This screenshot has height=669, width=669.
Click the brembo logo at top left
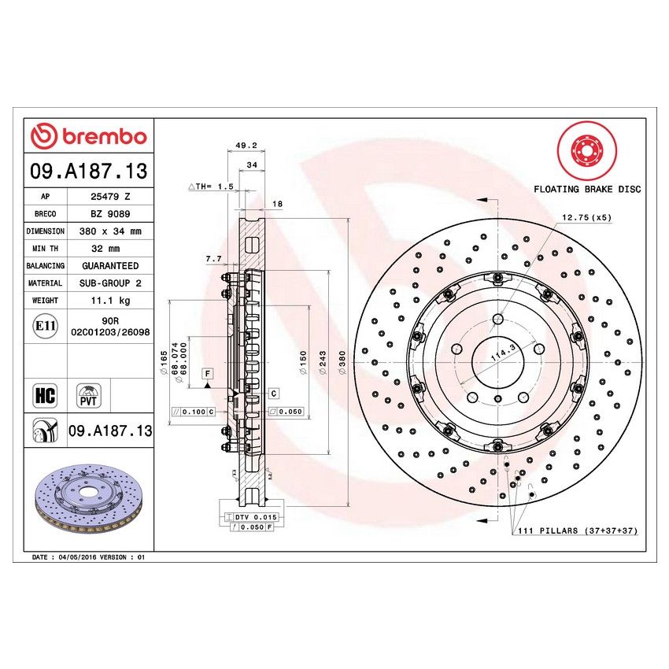click(x=88, y=136)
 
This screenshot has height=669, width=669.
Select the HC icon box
click(x=45, y=394)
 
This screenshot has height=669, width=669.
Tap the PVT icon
click(x=88, y=394)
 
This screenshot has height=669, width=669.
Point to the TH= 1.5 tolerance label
click(x=212, y=187)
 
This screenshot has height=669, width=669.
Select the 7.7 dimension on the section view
click(x=213, y=258)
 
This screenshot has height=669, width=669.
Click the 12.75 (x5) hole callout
click(x=586, y=216)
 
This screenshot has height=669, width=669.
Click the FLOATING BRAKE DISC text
click(x=587, y=189)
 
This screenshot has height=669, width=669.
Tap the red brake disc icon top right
click(x=586, y=150)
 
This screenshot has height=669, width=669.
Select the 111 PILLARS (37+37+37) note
click(x=577, y=531)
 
